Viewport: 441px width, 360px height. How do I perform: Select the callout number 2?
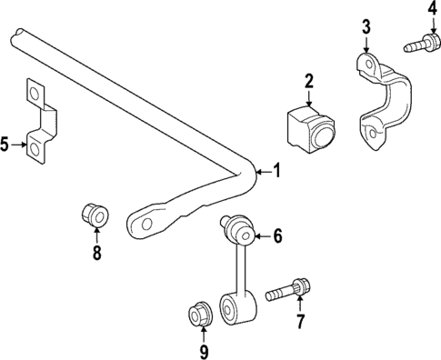point(309,83)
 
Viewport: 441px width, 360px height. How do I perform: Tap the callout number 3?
point(366,26)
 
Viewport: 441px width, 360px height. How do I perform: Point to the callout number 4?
point(432,10)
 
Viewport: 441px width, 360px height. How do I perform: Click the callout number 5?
point(5,144)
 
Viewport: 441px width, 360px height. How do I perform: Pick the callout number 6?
point(278,236)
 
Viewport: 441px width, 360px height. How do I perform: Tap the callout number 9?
point(205,350)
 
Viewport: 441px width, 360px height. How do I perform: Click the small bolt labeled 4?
point(421,42)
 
